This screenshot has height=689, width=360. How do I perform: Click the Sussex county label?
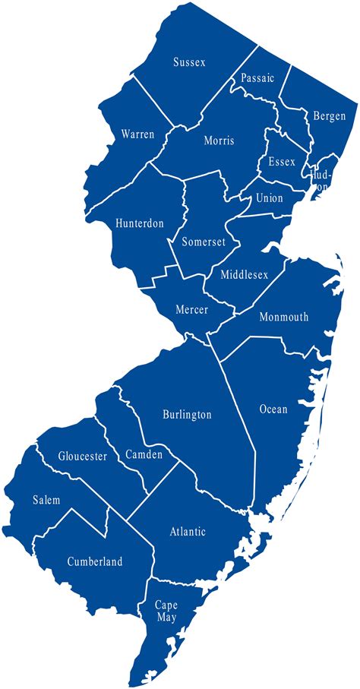189,62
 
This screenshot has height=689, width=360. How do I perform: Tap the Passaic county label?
257,78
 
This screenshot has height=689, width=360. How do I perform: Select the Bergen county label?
329,116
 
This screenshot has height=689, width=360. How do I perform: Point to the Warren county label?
137,134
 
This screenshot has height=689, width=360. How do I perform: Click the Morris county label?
219,141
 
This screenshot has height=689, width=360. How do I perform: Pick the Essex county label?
282,162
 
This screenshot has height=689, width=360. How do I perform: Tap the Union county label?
269,198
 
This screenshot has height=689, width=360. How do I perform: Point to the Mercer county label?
191,310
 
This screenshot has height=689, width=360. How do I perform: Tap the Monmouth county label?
283,317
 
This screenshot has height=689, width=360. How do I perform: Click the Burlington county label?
187,415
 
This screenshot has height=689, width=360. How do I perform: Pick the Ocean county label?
273,409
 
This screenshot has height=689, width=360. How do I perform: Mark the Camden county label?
143,454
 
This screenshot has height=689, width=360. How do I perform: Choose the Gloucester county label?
82,457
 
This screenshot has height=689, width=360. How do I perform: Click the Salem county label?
46,500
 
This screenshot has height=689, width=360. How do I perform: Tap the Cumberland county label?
95,561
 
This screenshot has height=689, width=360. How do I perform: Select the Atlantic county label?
188,532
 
